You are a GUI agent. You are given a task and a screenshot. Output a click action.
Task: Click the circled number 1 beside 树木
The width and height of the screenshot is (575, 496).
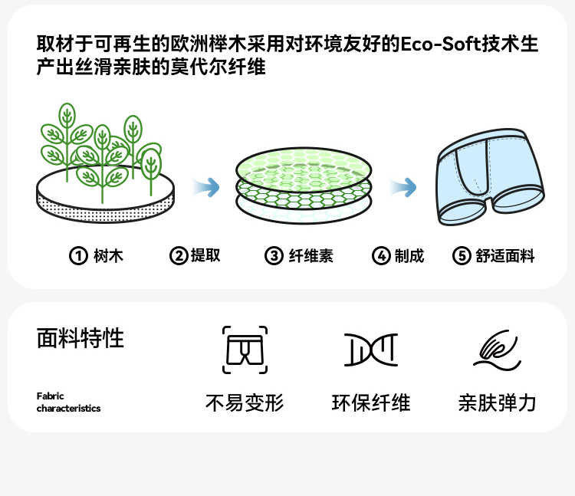(x=78, y=255)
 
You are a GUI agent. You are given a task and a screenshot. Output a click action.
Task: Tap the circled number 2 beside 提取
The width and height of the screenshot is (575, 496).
(x=179, y=255)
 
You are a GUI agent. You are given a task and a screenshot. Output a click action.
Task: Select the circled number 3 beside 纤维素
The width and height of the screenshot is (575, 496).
(x=274, y=255)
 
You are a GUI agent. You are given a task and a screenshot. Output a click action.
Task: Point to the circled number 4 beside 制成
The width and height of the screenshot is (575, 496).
(x=381, y=255)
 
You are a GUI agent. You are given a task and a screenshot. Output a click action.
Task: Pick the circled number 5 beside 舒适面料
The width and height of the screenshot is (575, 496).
(x=462, y=255)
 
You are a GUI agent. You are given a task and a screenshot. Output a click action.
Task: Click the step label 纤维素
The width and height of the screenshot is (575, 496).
(x=310, y=255)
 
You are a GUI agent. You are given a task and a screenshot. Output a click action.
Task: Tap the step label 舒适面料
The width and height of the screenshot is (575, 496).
(x=505, y=255)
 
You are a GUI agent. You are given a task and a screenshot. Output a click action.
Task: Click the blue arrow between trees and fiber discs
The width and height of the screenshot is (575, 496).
(x=206, y=187)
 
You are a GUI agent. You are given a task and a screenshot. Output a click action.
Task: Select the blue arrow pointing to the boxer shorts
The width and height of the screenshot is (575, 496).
(x=403, y=187)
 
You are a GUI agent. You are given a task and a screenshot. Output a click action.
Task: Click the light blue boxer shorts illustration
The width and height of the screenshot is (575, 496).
(x=490, y=176)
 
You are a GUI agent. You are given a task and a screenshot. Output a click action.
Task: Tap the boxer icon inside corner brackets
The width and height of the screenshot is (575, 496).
(x=245, y=350)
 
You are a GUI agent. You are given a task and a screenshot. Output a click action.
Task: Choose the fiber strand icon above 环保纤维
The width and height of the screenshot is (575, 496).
(x=371, y=350)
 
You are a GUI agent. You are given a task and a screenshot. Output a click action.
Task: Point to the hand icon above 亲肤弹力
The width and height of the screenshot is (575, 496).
(x=498, y=350)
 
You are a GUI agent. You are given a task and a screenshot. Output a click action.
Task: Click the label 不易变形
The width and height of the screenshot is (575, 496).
(x=245, y=402)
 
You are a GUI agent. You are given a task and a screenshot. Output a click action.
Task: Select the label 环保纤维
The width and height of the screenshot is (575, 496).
(x=371, y=402)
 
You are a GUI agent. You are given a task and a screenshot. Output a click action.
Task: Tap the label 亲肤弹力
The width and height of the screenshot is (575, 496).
(x=498, y=402)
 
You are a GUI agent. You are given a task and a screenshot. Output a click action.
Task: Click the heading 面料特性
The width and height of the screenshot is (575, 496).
(x=80, y=337)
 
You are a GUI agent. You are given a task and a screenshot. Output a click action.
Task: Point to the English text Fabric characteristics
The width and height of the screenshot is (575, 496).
(x=68, y=402)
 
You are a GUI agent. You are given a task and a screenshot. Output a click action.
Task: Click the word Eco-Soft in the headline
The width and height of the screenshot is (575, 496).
(x=440, y=44)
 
